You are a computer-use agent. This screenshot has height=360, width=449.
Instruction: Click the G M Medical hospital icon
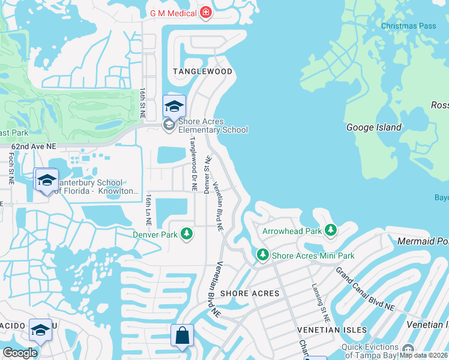pos(206,13)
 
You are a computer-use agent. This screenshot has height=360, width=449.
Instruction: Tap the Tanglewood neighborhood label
pos(202,71)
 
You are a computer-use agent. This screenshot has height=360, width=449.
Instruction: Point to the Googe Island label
pos(374,127)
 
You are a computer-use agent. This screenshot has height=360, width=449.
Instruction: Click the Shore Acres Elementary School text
pos(213,130)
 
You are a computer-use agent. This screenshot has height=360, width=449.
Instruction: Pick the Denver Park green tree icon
pos(187,233)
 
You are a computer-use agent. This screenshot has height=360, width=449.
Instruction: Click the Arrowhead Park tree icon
pos(330,230)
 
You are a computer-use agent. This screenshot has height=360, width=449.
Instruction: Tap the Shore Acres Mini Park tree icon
pos(262,255)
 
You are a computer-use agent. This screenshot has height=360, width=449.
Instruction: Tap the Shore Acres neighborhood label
pos(250,293)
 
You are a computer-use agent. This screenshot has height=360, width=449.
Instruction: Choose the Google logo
pos(20,353)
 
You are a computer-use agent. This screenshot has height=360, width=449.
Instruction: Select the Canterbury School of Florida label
pos(89,187)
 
